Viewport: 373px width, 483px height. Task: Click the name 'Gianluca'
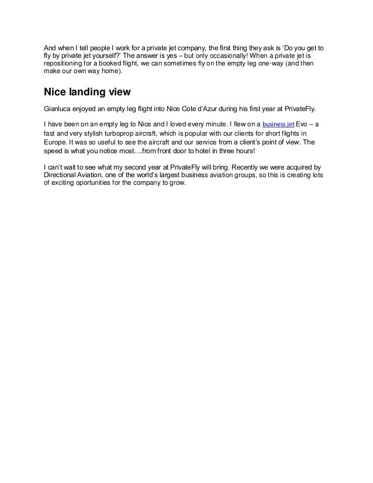click(x=59, y=109)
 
